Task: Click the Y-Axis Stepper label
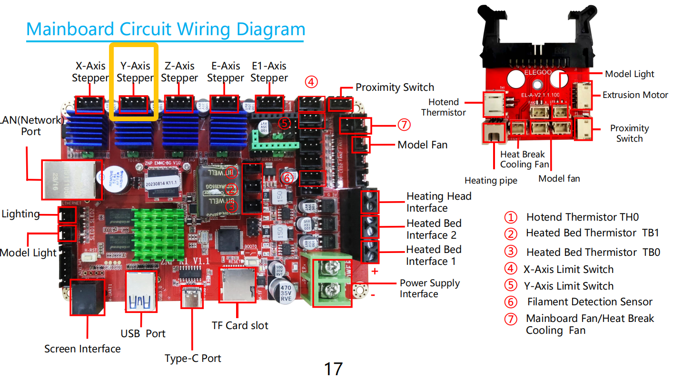click(x=135, y=72)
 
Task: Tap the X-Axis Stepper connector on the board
click(x=89, y=104)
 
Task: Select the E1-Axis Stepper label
click(x=269, y=72)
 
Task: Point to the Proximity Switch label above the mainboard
click(x=395, y=87)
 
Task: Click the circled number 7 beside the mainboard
click(x=403, y=125)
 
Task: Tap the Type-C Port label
click(x=193, y=358)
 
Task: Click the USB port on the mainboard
click(x=141, y=293)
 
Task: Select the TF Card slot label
click(x=240, y=326)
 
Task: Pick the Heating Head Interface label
click(x=438, y=202)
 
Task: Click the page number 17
click(x=333, y=369)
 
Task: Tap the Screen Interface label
click(x=82, y=349)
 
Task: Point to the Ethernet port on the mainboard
click(x=71, y=180)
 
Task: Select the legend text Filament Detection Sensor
click(x=589, y=302)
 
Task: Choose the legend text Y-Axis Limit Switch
click(x=568, y=286)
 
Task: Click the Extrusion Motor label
click(x=635, y=95)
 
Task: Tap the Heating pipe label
click(x=491, y=181)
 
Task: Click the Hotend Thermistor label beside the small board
click(x=443, y=107)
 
